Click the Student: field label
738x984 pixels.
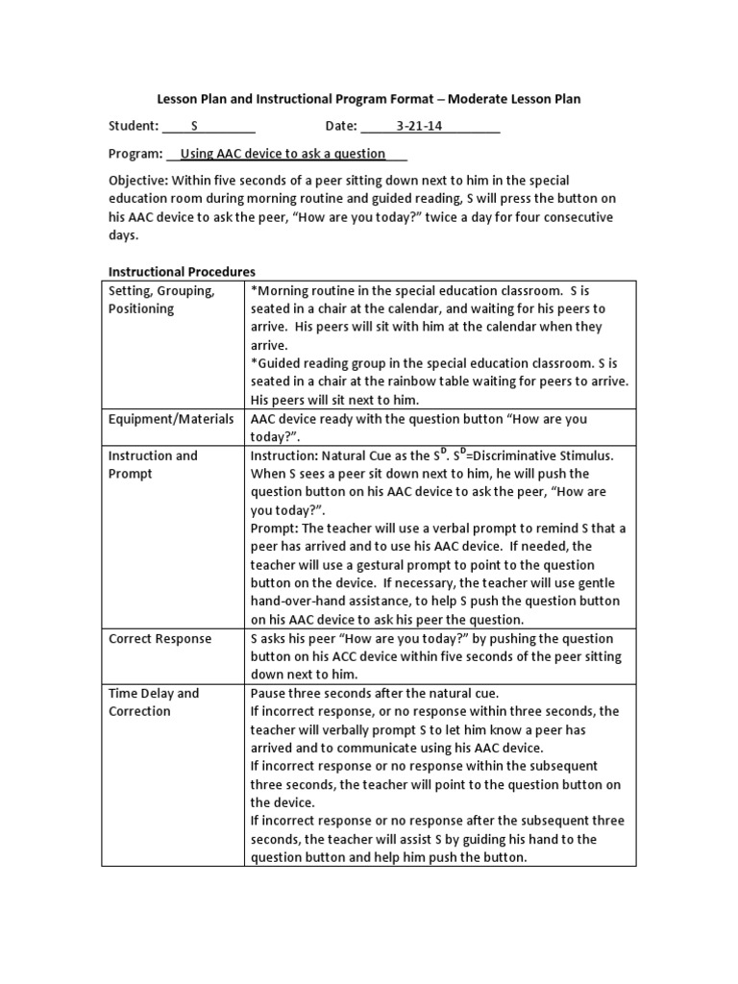(133, 126)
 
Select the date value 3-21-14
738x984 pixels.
(419, 126)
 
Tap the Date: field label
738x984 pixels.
(340, 126)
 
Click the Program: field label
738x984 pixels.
(135, 153)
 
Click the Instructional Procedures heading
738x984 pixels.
(182, 272)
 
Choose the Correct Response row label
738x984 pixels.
(160, 638)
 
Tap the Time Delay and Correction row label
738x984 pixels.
(154, 702)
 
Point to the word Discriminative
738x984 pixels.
(525, 455)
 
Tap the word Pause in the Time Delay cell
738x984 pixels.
(270, 693)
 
